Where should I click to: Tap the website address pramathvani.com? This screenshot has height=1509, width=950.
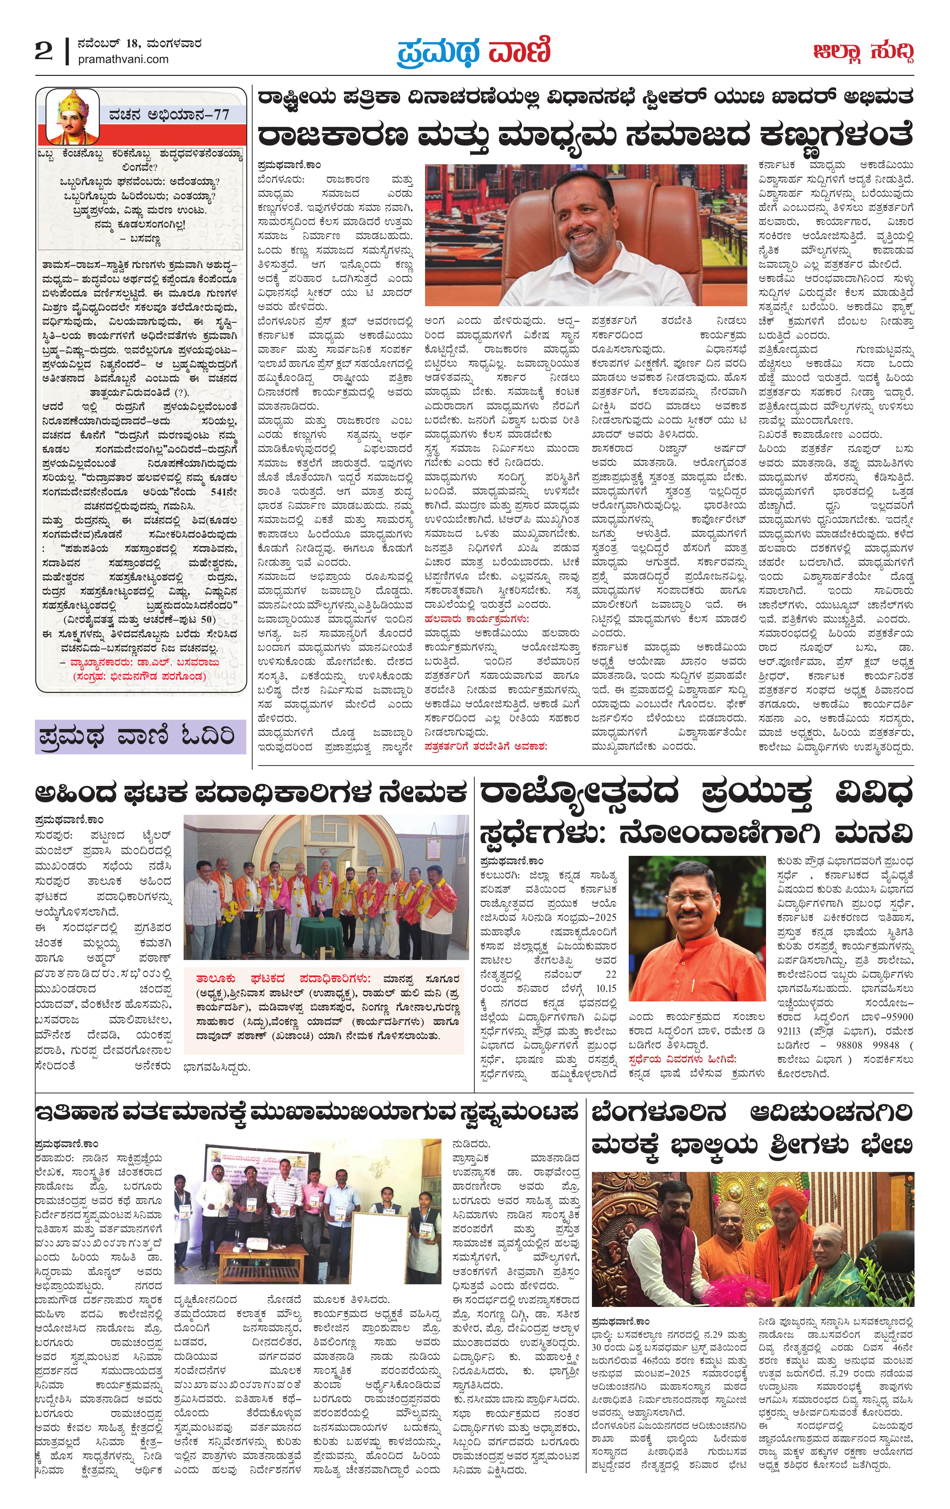pos(124,59)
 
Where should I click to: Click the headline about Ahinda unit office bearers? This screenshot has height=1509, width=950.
pos(251,793)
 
